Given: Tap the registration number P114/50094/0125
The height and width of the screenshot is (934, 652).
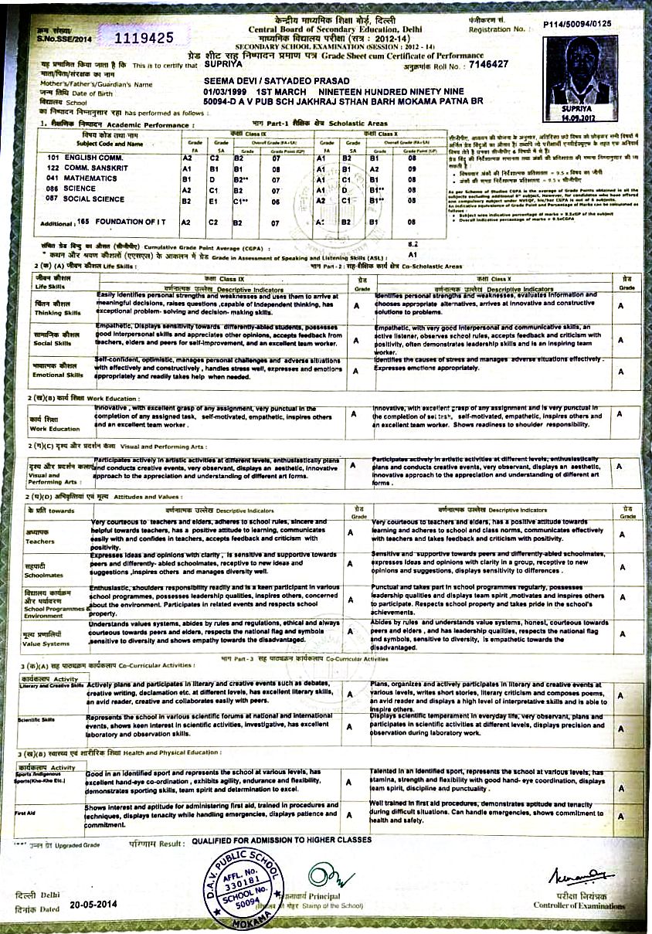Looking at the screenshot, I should click(577, 24).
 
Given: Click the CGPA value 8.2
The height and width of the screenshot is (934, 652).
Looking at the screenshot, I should click(413, 243).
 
